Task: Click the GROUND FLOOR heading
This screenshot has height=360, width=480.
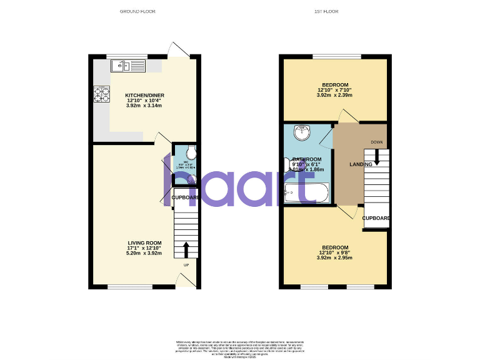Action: pos(137,12)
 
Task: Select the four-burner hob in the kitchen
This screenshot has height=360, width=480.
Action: pos(101,94)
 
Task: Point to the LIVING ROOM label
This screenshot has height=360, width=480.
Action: pos(145,243)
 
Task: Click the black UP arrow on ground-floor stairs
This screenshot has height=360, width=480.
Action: pos(186,250)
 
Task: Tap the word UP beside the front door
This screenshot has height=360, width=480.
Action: pos(186,265)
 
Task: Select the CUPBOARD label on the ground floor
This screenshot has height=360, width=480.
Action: pos(186,197)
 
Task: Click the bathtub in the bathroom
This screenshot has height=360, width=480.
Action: pos(306,193)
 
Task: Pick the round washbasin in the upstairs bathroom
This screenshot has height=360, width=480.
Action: pos(302,131)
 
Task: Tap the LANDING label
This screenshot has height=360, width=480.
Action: pos(361,164)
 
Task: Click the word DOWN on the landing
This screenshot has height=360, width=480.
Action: pos(376,142)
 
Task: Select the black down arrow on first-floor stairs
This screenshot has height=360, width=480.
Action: pos(376,160)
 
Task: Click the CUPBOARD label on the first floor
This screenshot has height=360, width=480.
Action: pos(376,218)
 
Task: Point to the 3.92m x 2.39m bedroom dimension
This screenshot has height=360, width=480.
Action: pos(335,95)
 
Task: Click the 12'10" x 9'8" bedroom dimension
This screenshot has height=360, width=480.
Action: pos(335,252)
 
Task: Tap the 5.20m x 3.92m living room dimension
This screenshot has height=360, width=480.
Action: pos(145,254)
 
